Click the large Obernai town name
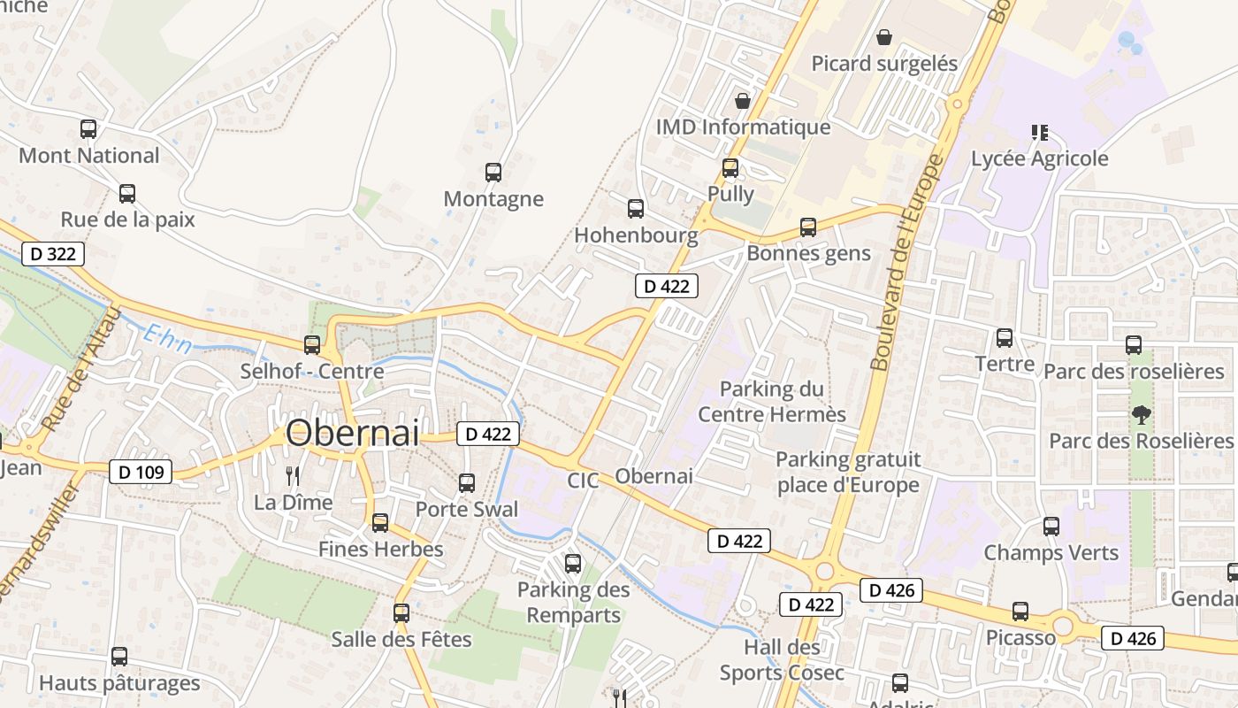(x=352, y=433)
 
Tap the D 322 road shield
(x=52, y=254)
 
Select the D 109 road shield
(x=141, y=472)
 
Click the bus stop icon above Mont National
(x=88, y=129)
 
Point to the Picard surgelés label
(x=884, y=64)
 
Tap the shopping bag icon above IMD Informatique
(x=743, y=101)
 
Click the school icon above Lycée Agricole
(x=1039, y=133)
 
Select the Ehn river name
(x=168, y=340)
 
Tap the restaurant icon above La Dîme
(x=293, y=476)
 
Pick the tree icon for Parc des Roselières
(x=1142, y=414)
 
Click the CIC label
(x=583, y=481)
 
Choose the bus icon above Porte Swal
(x=466, y=483)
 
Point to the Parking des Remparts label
(x=573, y=602)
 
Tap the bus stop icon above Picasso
(x=1020, y=612)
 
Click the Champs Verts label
(x=1051, y=553)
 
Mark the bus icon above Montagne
(x=493, y=173)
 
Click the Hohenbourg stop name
(x=636, y=235)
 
